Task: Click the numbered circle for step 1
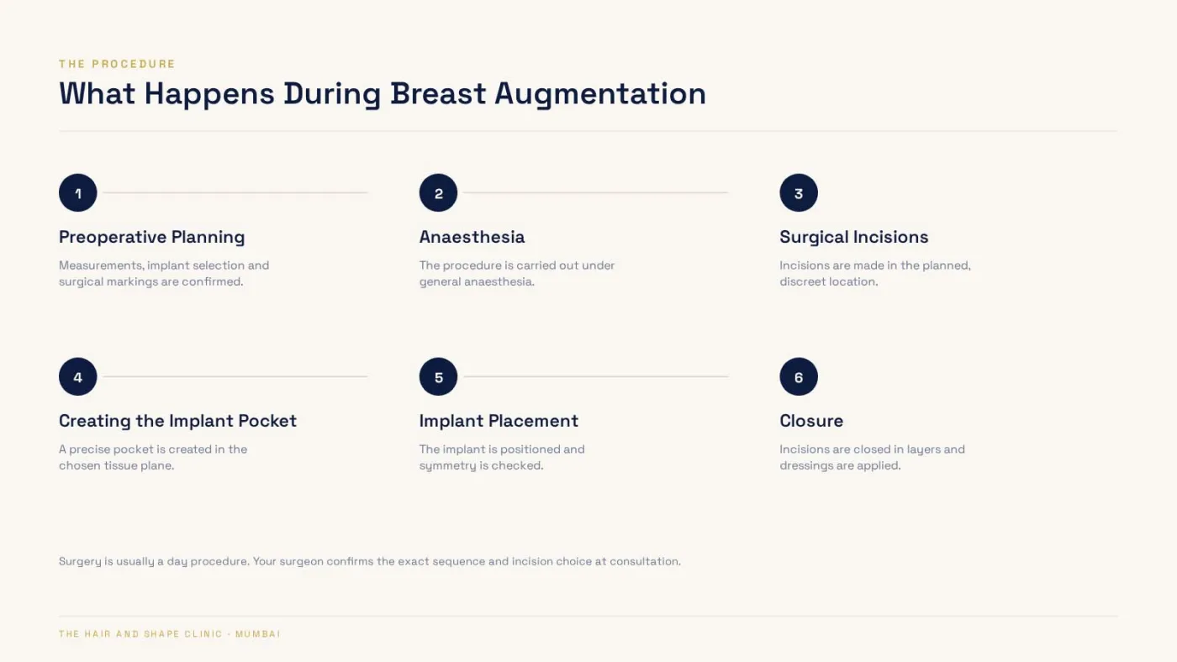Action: click(x=77, y=192)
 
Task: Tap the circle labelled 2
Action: click(x=438, y=192)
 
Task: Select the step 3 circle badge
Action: click(x=799, y=192)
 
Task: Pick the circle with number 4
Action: click(x=77, y=376)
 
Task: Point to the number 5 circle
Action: click(x=438, y=376)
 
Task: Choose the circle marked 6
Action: click(x=799, y=376)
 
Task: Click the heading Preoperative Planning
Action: click(x=152, y=237)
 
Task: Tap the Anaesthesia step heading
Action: click(x=472, y=237)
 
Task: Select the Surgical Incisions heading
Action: click(x=854, y=237)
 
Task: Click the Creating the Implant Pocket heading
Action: click(x=177, y=421)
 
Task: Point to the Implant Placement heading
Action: click(x=499, y=421)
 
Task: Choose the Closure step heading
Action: click(x=811, y=421)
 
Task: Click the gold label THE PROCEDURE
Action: click(x=117, y=64)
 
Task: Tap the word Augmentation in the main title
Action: click(x=600, y=94)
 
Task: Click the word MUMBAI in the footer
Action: click(x=258, y=634)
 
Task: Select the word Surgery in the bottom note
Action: click(x=80, y=562)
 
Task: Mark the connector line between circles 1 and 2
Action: click(x=235, y=192)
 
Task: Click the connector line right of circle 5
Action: click(x=596, y=376)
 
